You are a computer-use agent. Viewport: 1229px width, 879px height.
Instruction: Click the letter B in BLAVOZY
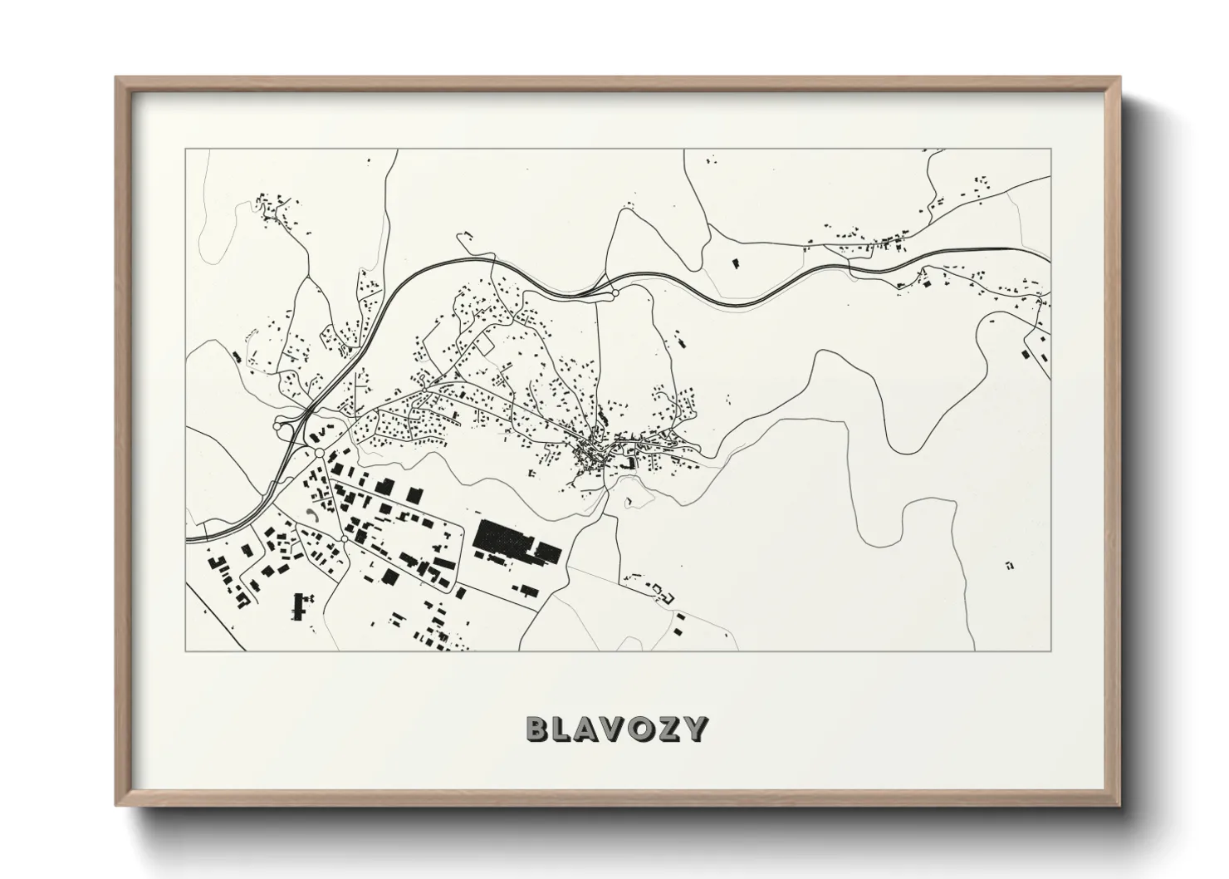(538, 729)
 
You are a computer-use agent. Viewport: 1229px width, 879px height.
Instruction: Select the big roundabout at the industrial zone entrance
(320, 453)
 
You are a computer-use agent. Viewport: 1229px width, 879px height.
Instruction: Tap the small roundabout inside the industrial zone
(343, 540)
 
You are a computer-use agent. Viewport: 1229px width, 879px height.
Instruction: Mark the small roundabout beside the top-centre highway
(615, 292)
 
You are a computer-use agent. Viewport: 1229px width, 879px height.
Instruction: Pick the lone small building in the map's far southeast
(1009, 565)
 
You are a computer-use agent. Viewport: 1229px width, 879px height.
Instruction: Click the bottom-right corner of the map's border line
(1051, 651)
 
